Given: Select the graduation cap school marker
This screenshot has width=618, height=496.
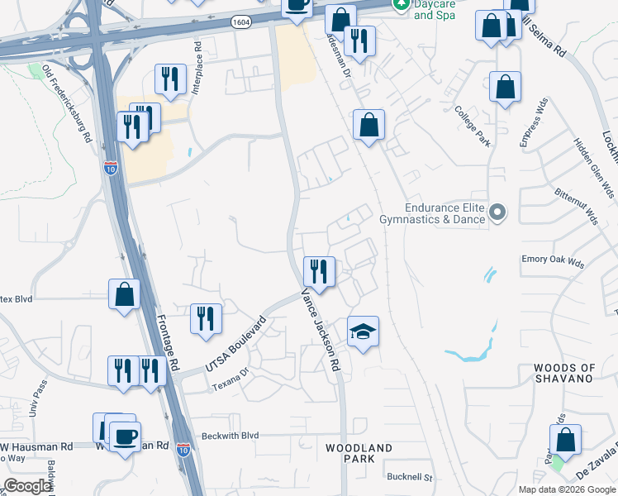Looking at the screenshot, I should click(x=363, y=332).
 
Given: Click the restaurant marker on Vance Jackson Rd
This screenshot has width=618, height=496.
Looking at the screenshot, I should click(x=318, y=271).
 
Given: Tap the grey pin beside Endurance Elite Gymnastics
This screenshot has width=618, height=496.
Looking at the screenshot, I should click(x=497, y=213).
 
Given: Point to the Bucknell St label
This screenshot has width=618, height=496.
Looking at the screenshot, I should click(x=410, y=477).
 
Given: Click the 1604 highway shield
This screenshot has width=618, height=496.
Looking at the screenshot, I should click(x=241, y=22).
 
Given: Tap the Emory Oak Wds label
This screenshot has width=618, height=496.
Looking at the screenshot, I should click(x=552, y=260).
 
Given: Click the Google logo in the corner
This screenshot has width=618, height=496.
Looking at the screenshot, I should click(x=28, y=486).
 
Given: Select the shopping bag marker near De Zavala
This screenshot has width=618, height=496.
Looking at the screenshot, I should click(x=565, y=441).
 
